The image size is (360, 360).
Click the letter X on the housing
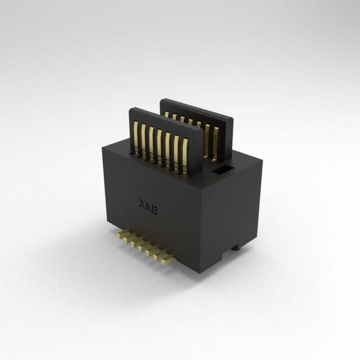pyautogui.click(x=143, y=204)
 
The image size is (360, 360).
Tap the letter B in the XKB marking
pyautogui.click(x=154, y=210)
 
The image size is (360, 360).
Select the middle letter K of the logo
pyautogui.click(x=148, y=207)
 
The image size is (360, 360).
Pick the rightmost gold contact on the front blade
pyautogui.click(x=185, y=156)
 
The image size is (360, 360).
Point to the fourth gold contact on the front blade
pyautogui.click(x=159, y=146)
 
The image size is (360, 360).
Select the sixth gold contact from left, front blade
pyautogui.click(x=176, y=153)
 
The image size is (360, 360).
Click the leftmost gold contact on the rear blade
pyautogui.click(x=167, y=114)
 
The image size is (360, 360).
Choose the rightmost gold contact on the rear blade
pyautogui.click(x=216, y=144)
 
